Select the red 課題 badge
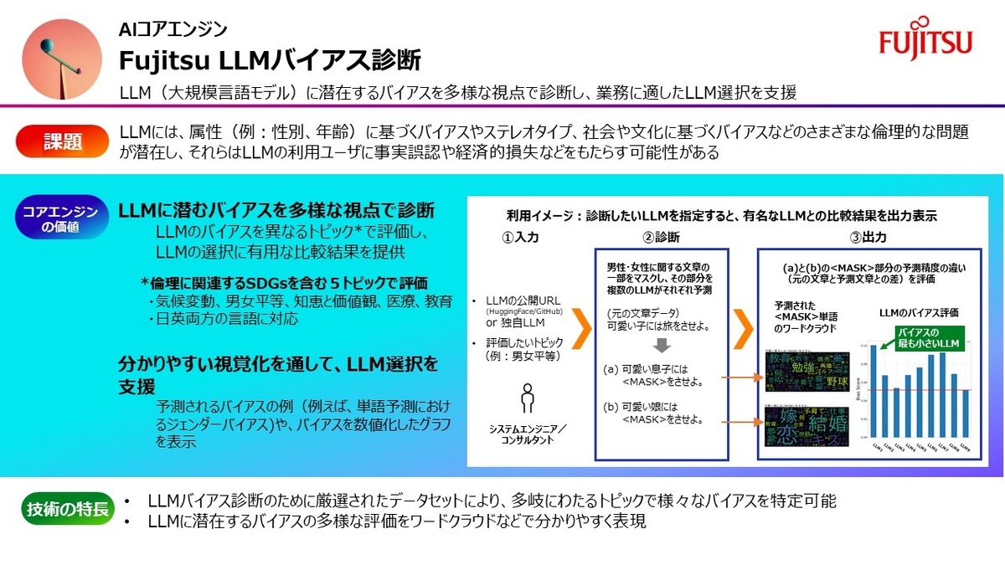tap(63, 141)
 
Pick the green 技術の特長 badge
tap(67, 508)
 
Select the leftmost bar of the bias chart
tap(873, 392)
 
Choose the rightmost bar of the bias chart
tap(966, 413)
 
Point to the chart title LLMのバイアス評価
tap(919, 313)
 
